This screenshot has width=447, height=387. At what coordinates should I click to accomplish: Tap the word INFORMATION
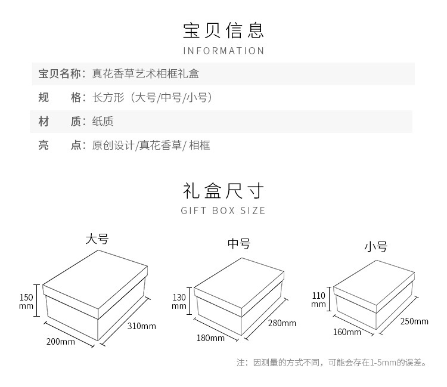coord(223,51)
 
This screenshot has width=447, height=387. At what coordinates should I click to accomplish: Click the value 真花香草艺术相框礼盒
coord(145,74)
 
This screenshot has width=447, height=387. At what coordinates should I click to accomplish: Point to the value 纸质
coord(103,122)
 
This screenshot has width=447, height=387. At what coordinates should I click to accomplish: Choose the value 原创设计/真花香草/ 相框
coord(151,145)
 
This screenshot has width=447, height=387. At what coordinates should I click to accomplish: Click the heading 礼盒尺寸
coord(223,191)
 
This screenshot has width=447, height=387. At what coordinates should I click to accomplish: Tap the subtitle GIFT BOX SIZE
coord(223,210)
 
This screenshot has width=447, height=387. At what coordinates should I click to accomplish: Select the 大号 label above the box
coord(97,239)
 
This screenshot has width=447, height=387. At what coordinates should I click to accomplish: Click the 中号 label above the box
coord(239,243)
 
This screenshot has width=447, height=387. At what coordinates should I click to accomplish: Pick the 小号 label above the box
coord(376,246)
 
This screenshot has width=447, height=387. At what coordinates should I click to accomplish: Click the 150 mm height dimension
coord(26,301)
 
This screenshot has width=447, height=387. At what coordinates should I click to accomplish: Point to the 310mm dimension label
coord(142,326)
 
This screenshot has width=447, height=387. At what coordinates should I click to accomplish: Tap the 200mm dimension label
coord(61,342)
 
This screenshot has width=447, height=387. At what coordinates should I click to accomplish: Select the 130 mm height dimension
coord(179,301)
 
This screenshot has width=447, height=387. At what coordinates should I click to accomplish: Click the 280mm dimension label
coord(282,323)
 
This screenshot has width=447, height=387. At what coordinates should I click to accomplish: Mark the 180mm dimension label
coord(210,338)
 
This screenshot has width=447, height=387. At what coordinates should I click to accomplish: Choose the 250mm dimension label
coord(414,321)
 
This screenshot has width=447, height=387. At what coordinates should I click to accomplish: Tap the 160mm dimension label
coord(347,332)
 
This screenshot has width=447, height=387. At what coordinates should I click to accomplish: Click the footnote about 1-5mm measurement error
coord(331,362)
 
